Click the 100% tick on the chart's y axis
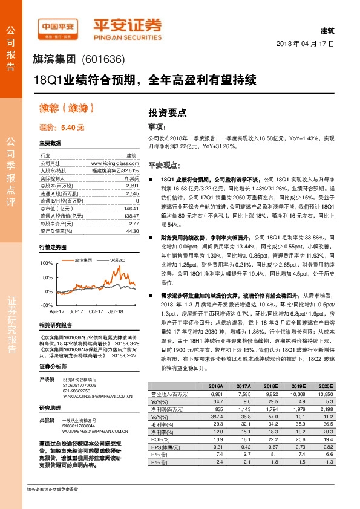(x=47, y=264)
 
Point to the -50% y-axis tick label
(x=47, y=306)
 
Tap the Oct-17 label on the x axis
(x=96, y=311)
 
